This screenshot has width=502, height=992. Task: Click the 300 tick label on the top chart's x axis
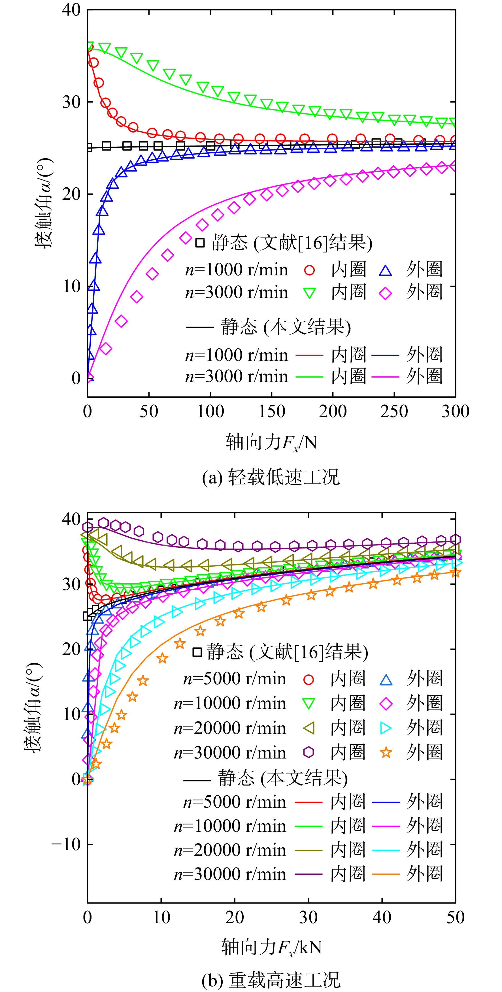[455, 411]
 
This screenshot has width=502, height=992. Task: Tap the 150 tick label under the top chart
[271, 411]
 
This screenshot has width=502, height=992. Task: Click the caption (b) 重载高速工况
[271, 980]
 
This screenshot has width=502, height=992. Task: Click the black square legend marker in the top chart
[200, 243]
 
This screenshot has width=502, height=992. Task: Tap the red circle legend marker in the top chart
[309, 270]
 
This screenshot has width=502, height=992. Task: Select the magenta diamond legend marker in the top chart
[385, 293]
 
